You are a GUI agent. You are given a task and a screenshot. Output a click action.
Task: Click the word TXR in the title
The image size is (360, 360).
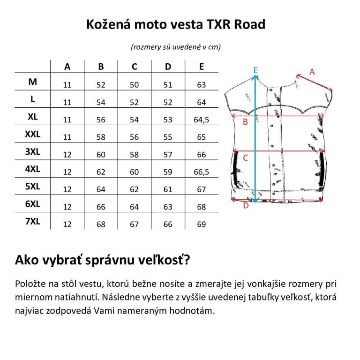(218, 24)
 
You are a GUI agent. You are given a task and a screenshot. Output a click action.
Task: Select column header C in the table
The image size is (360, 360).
(135, 67)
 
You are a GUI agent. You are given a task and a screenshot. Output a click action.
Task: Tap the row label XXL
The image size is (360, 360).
(33, 134)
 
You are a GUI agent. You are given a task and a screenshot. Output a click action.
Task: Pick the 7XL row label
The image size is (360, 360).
(33, 221)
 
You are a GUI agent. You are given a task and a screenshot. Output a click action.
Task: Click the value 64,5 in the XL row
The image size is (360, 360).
(202, 120)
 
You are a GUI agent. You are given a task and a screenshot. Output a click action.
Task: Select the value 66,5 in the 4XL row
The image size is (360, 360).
(202, 172)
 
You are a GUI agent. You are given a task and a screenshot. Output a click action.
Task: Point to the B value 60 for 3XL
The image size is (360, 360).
(101, 155)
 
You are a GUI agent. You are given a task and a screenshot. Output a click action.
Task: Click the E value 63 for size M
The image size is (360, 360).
(202, 85)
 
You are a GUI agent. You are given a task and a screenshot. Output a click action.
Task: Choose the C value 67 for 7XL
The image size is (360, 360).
(135, 225)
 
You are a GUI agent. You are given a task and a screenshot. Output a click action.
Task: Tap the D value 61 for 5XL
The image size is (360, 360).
(168, 189)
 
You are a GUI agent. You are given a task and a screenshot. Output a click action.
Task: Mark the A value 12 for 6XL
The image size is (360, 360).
(67, 207)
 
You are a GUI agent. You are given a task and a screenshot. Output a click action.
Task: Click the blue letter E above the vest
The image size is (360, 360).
(255, 70)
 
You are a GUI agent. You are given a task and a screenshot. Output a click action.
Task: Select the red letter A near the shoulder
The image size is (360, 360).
(312, 72)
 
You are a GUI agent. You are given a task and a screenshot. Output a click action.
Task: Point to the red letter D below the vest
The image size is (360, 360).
(246, 205)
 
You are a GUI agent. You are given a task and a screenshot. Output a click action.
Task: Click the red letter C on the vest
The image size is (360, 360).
(246, 158)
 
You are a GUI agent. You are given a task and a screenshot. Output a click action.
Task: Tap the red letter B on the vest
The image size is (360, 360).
(245, 122)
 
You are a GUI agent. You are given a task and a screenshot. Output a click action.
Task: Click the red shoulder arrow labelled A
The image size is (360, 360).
(315, 82)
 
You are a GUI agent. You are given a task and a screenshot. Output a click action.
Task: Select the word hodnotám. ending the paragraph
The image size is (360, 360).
(192, 311)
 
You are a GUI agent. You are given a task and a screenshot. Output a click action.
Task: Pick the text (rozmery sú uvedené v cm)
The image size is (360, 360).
(176, 47)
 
